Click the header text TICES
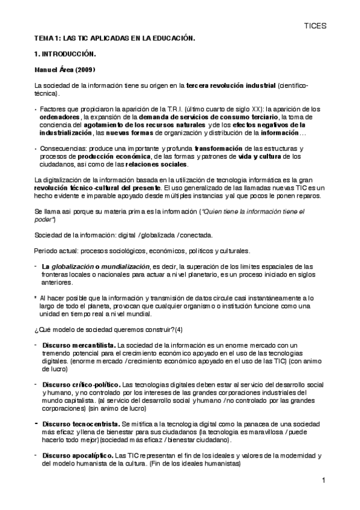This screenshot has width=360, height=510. [315, 26]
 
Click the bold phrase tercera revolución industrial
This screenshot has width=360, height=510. [228, 85]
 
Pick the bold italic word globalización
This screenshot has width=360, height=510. [69, 266]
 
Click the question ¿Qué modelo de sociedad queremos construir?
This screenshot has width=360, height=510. [104, 329]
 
